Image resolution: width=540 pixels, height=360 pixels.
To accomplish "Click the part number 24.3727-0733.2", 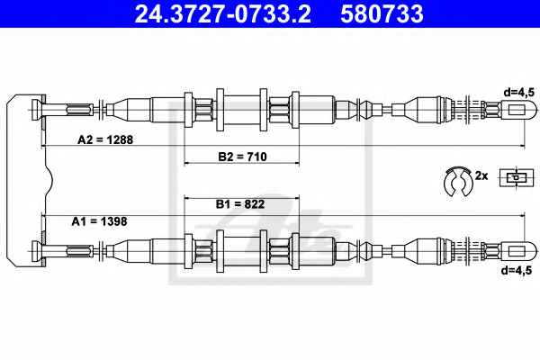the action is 223,13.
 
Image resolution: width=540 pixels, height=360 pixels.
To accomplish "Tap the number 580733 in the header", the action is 382,13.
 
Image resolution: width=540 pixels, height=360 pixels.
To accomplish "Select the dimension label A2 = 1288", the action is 105,139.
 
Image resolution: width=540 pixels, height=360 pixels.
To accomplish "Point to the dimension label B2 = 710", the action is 242,157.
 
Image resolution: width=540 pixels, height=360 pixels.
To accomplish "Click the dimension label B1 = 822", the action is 240,204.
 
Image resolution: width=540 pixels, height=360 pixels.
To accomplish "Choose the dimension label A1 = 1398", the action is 99,221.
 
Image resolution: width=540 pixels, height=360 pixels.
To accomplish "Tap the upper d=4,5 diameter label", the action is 518,93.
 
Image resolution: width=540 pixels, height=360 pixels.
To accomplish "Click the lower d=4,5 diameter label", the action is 517,270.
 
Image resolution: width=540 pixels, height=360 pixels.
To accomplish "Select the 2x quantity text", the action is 481,175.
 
